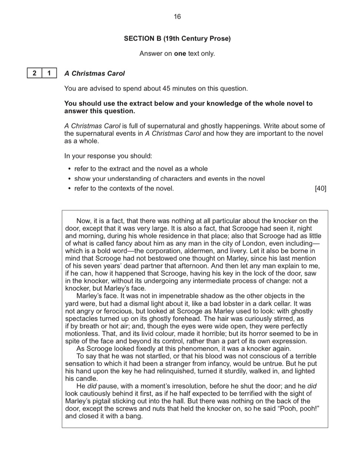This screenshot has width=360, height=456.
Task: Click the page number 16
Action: (177, 17)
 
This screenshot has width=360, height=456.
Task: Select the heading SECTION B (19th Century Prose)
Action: (177, 38)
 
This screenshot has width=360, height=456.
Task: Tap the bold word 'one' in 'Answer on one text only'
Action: (180, 54)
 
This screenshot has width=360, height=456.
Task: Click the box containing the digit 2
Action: (34, 73)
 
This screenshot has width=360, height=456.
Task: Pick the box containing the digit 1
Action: (49, 73)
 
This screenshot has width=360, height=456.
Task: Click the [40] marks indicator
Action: (320, 188)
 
